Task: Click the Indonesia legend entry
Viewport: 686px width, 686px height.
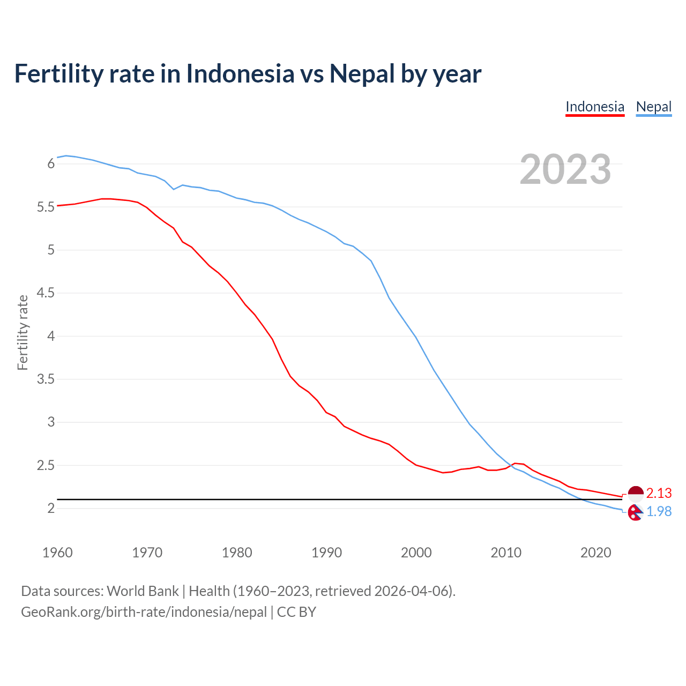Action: click(x=595, y=107)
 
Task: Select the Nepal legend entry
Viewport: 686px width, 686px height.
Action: click(x=653, y=107)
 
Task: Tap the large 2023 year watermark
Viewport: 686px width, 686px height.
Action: click(x=565, y=169)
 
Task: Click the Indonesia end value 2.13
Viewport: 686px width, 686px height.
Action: click(x=659, y=493)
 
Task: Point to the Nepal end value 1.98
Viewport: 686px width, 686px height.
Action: click(x=659, y=512)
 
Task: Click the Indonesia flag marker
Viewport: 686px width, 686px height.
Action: click(x=635, y=493)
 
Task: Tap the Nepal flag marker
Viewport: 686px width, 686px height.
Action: click(x=635, y=513)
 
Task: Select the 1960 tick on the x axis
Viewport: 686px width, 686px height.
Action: click(x=57, y=553)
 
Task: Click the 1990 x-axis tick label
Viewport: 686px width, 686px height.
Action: click(x=326, y=553)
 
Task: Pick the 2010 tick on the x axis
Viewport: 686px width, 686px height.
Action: click(x=506, y=553)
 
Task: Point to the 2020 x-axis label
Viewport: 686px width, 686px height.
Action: click(x=595, y=553)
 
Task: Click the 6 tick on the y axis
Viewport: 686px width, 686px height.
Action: click(x=51, y=163)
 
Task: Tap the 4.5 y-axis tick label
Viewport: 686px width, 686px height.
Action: click(x=46, y=293)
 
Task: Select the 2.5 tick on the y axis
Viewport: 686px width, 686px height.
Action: click(x=46, y=465)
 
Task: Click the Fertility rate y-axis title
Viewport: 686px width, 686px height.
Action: click(x=23, y=332)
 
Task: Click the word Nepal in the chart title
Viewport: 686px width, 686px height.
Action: click(x=362, y=73)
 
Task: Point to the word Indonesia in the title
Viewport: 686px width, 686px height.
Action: click(x=240, y=73)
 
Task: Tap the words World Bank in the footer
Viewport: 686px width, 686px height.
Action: click(x=143, y=591)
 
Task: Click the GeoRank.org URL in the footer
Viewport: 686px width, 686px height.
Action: click(x=144, y=612)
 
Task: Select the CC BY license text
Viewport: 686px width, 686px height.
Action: click(x=296, y=612)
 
